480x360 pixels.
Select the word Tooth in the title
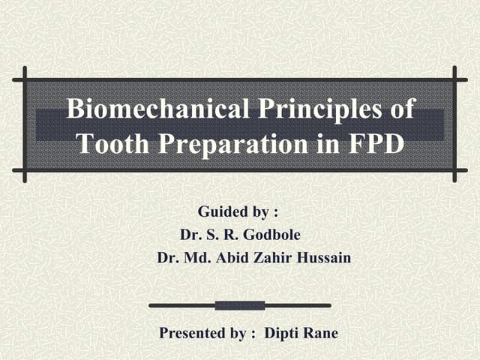[x=112, y=142]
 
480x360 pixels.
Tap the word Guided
[x=223, y=211]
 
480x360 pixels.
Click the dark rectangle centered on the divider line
[x=240, y=305]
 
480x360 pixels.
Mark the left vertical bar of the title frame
[x=25, y=124]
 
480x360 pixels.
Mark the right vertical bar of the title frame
[x=454, y=124]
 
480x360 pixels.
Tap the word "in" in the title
[x=324, y=142]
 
